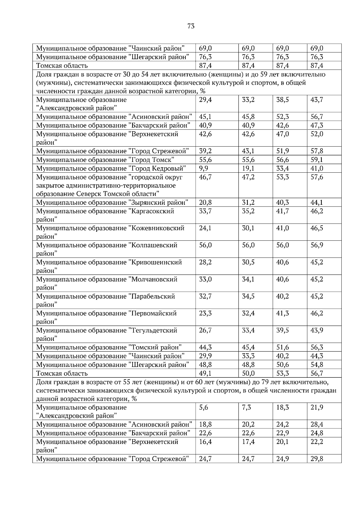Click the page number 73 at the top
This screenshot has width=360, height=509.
[x=191, y=26]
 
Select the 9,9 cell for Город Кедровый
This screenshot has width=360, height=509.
[x=204, y=168]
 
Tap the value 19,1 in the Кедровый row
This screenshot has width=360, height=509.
[x=248, y=168]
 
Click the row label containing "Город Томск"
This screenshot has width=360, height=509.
[x=105, y=160]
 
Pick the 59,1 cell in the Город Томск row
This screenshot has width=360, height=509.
[x=316, y=160]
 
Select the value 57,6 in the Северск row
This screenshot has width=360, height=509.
[x=316, y=177]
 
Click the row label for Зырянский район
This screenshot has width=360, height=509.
[x=112, y=202]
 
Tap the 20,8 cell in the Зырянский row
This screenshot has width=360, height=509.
[x=205, y=202]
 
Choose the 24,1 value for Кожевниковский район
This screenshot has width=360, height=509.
[x=205, y=228]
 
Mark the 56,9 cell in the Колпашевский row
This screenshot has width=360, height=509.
[x=316, y=245]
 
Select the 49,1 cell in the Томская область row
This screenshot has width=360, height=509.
[x=205, y=373]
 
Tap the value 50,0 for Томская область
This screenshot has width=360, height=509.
[x=248, y=373]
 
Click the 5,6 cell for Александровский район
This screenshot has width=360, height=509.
[x=204, y=407]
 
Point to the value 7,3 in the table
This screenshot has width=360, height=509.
[x=247, y=407]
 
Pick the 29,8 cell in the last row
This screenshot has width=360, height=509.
[x=316, y=459]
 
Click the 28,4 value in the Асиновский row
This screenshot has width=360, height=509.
[x=316, y=424]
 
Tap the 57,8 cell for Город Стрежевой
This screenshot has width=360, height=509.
[x=316, y=151]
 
